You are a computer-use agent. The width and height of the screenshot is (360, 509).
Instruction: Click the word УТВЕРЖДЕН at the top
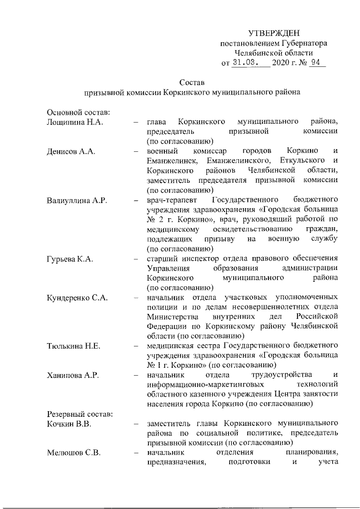[274, 34]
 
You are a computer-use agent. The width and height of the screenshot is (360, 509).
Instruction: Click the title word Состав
[191, 82]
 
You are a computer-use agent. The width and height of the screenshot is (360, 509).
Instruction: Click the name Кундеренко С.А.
[77, 297]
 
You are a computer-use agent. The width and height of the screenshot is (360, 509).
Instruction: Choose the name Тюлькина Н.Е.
[74, 345]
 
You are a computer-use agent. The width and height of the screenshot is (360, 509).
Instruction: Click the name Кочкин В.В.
[69, 422]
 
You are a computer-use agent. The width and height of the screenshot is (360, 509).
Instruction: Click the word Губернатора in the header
[300, 43]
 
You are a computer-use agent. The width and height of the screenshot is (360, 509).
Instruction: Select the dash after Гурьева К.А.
[136, 259]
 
